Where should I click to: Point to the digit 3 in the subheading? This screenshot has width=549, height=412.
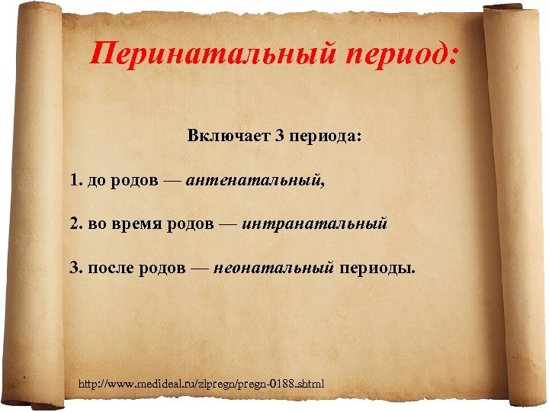click(x=280, y=138)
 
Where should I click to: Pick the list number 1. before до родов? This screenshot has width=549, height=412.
click(x=76, y=182)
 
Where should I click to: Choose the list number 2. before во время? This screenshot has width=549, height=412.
click(x=76, y=225)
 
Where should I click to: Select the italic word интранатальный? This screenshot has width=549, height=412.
click(x=316, y=225)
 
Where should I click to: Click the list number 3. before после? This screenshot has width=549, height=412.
click(x=76, y=269)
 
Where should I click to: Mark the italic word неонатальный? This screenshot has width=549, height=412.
click(x=274, y=269)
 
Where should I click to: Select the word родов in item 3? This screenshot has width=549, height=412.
click(x=162, y=269)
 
